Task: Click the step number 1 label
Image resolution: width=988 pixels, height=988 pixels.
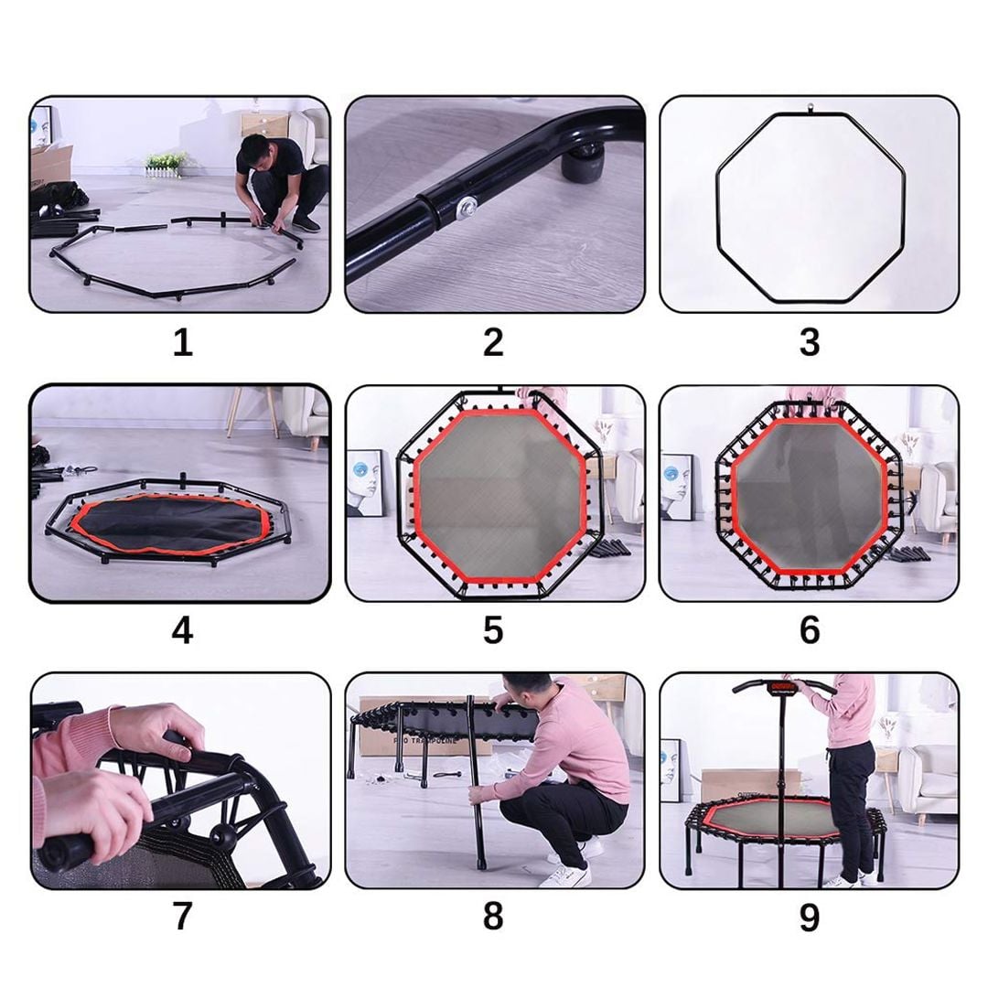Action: [x=182, y=343]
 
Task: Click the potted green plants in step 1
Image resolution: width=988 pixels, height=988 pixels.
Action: [x=165, y=162]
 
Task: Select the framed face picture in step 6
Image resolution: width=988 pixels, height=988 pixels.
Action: [x=678, y=487]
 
